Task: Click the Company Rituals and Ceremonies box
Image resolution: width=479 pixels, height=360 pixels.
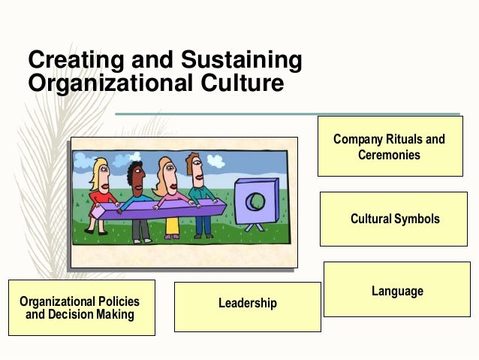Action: [389, 147]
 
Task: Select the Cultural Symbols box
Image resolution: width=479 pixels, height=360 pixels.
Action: [394, 219]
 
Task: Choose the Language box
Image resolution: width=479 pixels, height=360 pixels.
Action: [396, 289]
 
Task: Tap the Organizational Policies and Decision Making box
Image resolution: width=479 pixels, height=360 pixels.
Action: [81, 307]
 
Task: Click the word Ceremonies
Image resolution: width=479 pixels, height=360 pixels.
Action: [389, 155]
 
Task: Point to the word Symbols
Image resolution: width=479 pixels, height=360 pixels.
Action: [416, 219]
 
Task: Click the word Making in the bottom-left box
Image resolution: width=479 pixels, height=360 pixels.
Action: [114, 314]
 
